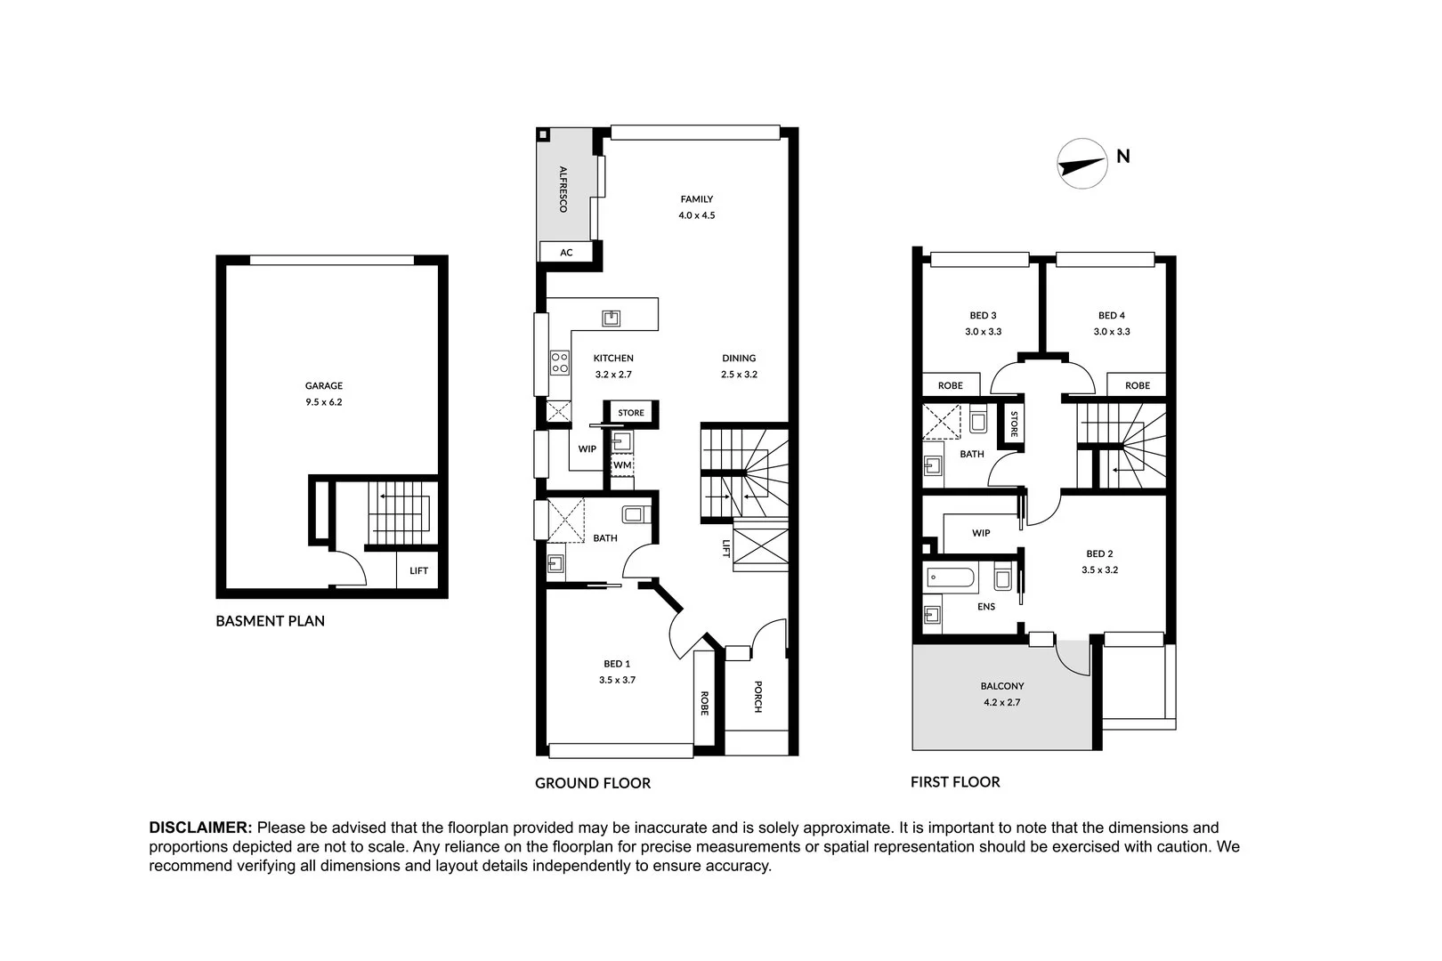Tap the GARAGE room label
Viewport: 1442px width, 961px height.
click(324, 386)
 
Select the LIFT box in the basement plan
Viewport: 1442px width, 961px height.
click(418, 570)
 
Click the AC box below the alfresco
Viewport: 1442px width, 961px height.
click(566, 253)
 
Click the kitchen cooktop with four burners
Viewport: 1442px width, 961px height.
click(560, 361)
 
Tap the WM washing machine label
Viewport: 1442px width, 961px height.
click(622, 465)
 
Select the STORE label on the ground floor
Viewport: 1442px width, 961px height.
click(631, 413)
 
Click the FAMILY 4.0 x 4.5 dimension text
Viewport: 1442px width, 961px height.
click(697, 215)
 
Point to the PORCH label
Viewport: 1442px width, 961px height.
click(757, 697)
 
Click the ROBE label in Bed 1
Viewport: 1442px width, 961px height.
click(704, 703)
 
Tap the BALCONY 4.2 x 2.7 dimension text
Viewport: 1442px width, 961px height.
click(1001, 702)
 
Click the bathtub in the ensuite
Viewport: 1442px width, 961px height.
click(951, 579)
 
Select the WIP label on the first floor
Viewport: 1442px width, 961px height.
click(981, 533)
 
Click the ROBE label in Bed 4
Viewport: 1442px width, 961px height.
click(1137, 385)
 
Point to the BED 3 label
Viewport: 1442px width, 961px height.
click(983, 315)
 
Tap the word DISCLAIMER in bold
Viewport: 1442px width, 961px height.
click(201, 828)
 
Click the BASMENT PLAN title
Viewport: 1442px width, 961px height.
click(270, 621)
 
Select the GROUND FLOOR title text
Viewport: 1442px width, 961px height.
click(593, 783)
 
